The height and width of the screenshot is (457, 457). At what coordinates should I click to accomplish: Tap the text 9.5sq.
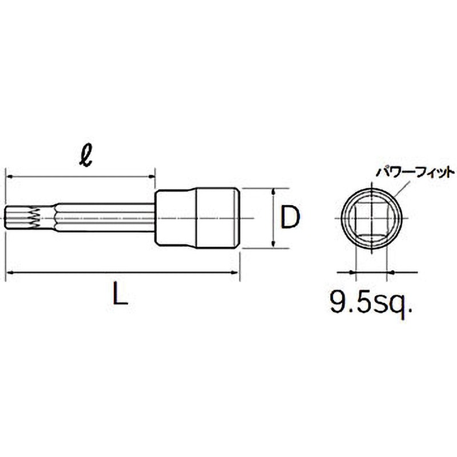click(371, 301)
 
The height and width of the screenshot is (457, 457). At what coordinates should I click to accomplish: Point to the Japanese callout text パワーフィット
click(414, 171)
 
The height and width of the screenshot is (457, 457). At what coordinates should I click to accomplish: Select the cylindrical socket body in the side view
click(197, 218)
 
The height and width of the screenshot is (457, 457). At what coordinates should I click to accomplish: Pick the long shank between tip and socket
click(103, 218)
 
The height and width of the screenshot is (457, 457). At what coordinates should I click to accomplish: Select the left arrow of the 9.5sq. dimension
click(352, 272)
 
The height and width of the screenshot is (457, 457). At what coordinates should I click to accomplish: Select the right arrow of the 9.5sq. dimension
click(390, 272)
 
